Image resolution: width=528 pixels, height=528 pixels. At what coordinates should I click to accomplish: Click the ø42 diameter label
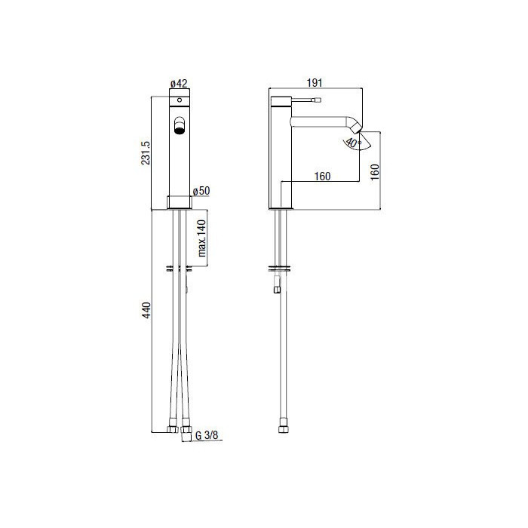[180, 83]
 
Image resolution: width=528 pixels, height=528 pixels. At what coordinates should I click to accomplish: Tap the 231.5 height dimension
[146, 153]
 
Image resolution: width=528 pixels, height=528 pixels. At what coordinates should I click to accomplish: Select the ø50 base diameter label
[201, 191]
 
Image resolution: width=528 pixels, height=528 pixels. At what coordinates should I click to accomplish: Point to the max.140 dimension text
[201, 238]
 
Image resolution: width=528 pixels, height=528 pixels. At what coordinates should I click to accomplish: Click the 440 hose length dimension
[147, 310]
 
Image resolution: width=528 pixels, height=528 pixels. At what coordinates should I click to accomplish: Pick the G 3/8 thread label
[207, 435]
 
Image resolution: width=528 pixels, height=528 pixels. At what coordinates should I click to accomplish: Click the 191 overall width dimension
[315, 83]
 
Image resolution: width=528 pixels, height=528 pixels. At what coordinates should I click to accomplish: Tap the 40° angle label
[353, 143]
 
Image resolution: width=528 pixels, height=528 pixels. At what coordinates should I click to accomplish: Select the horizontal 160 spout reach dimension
[322, 176]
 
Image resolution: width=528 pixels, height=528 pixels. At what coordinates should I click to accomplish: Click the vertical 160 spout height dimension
[375, 172]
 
